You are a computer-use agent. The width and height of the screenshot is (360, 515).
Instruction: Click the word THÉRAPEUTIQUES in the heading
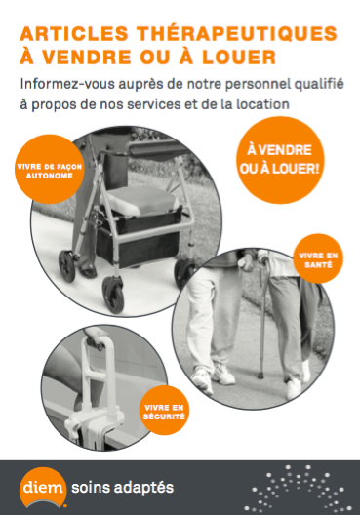pos(236,34)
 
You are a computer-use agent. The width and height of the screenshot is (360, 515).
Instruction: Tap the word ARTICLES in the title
pos(74,34)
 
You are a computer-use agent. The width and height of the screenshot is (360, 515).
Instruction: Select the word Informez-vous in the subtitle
pos(67,84)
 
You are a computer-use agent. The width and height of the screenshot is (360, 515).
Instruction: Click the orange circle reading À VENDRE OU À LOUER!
pos(280,160)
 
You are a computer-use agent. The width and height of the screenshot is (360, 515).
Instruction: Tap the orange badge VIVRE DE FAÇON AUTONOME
pos(50,169)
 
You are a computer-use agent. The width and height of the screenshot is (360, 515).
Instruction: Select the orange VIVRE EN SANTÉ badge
pos(318,258)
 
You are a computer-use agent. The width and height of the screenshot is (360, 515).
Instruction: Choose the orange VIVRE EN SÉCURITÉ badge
pos(164,411)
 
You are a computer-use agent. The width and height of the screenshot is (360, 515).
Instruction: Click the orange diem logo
pos(43,487)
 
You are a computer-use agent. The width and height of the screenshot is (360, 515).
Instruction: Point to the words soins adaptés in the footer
pos(122,488)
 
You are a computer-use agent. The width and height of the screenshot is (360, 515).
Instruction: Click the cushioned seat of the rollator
pos(140,201)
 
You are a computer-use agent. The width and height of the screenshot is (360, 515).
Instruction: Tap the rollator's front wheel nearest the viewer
pos(113,295)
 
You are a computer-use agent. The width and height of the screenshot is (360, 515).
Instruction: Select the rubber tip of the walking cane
pos(260,375)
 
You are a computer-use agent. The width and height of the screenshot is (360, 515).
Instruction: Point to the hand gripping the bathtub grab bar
pos(95,339)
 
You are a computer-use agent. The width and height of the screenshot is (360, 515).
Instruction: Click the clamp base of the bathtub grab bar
pos(96,423)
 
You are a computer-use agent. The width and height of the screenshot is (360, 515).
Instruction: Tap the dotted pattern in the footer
pos(298,490)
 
